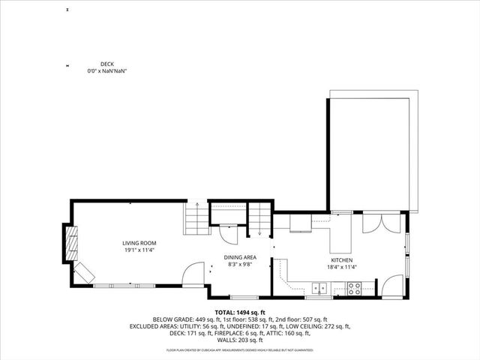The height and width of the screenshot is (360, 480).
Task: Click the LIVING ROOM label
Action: tap(139, 243)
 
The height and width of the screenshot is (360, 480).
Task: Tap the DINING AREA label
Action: tap(240, 257)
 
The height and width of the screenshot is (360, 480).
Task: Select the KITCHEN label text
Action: tap(340, 259)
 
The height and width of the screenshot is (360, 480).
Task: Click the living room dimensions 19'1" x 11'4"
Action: tap(139, 250)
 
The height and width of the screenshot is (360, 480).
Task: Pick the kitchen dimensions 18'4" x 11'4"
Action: tap(340, 266)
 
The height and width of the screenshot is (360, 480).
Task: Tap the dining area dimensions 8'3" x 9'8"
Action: tap(240, 264)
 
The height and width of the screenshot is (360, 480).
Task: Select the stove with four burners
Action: tap(354, 286)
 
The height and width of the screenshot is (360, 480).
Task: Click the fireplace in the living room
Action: tap(72, 244)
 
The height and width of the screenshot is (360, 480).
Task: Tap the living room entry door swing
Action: tap(193, 273)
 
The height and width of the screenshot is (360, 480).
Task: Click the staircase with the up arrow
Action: tap(195, 219)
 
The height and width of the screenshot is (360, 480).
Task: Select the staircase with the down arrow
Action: tap(259, 219)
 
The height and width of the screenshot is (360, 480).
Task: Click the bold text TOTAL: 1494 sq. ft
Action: tap(240, 311)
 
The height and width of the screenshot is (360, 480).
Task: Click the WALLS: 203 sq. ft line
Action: tap(240, 340)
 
